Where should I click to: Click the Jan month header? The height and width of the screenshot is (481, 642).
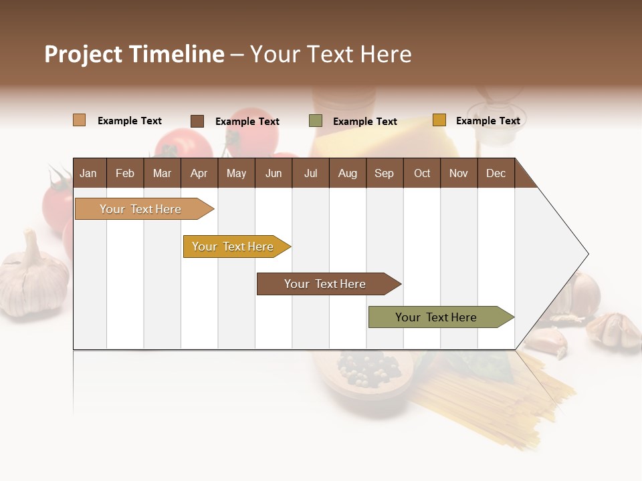(x=89, y=174)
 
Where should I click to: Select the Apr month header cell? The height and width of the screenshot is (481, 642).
(x=199, y=174)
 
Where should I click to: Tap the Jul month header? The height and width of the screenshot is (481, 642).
(x=310, y=174)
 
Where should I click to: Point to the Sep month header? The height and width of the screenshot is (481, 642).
(x=384, y=174)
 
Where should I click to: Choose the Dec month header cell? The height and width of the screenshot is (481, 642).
(x=496, y=174)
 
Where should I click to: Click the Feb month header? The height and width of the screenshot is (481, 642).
(x=125, y=174)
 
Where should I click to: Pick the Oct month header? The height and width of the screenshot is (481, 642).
(x=422, y=174)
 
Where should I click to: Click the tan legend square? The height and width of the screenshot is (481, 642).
(x=79, y=120)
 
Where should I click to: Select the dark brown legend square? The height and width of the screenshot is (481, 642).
(x=197, y=121)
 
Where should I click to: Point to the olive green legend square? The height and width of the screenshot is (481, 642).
(x=315, y=121)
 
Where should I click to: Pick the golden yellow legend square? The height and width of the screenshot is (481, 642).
(x=439, y=120)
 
